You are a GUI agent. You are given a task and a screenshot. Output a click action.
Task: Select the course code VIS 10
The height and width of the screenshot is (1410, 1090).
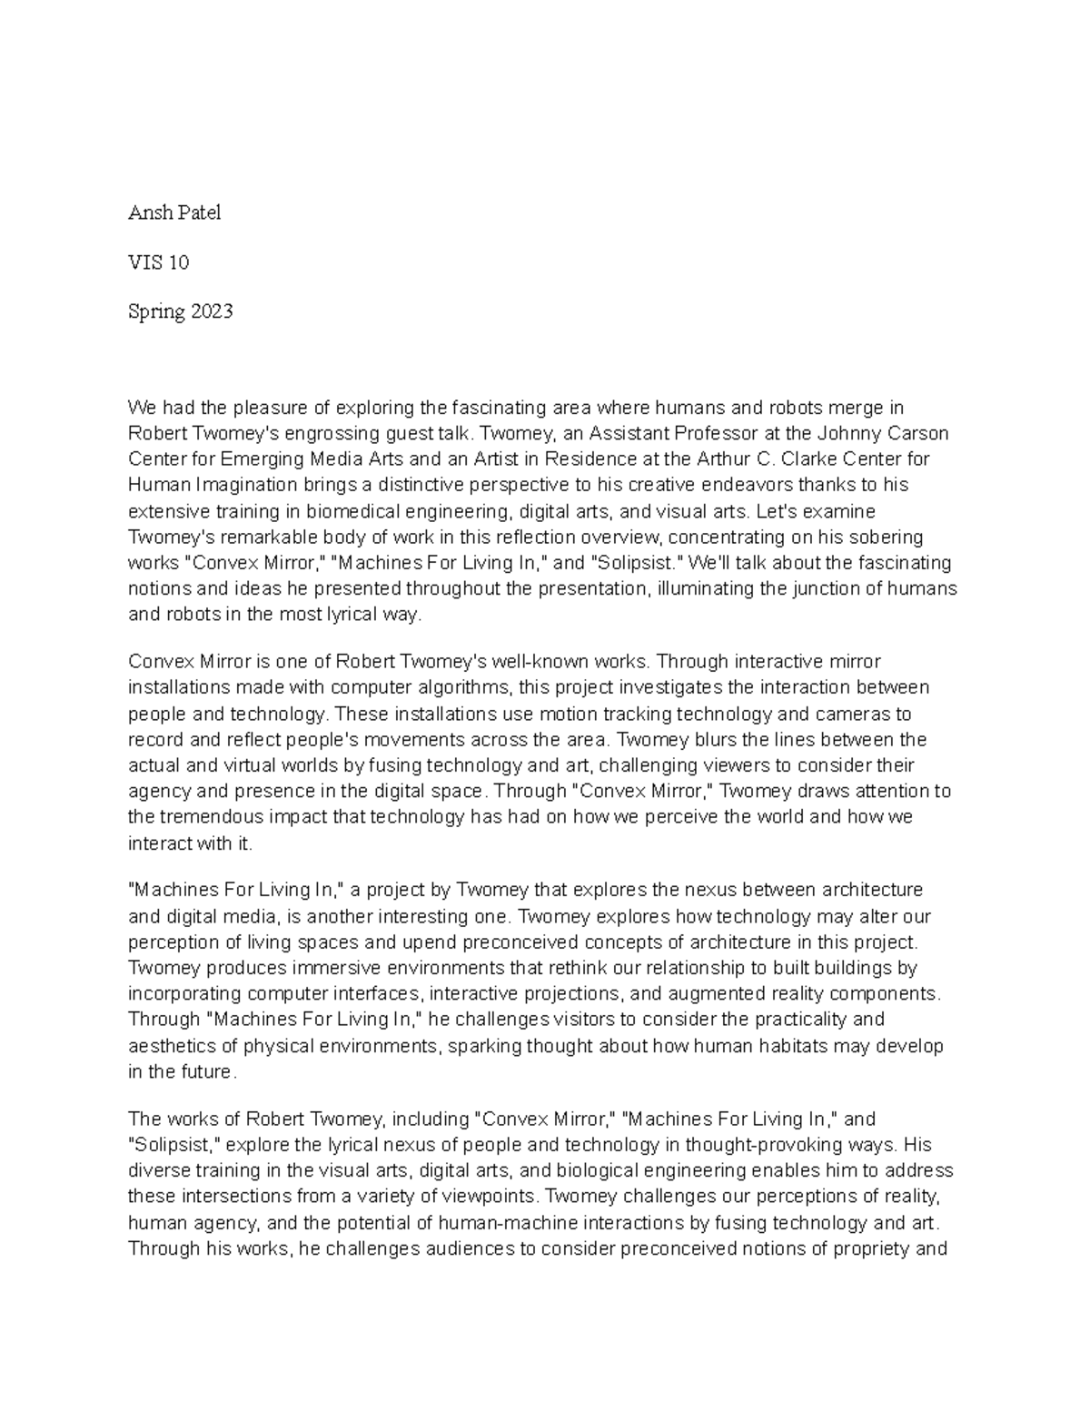click(x=158, y=262)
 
